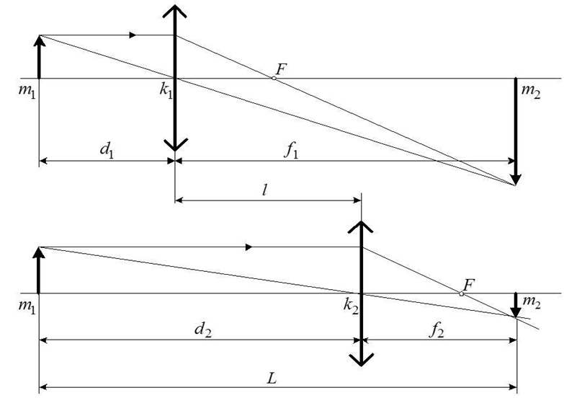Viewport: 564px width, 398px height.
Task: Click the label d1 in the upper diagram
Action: [x=107, y=151]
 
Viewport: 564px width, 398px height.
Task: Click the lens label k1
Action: [x=167, y=94]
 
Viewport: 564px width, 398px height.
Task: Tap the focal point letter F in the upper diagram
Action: [x=280, y=69]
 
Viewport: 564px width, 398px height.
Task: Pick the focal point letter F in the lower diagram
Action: [x=469, y=284]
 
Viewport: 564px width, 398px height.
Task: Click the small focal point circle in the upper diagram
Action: [x=273, y=77]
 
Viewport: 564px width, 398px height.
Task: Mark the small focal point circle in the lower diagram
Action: [x=461, y=293]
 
